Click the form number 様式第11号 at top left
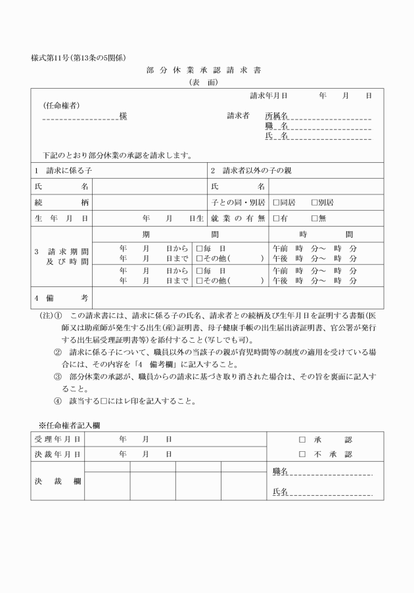coord(78,57)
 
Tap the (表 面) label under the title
coord(206,83)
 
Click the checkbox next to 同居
coord(276,202)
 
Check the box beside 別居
coord(314,202)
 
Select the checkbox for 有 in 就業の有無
coord(276,218)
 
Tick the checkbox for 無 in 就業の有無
coord(314,218)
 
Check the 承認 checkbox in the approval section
coord(303,439)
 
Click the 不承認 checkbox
coord(303,454)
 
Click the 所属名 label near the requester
coord(277,116)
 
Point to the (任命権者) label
coord(62,105)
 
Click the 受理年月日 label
coord(58,439)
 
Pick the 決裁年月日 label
coord(58,454)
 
